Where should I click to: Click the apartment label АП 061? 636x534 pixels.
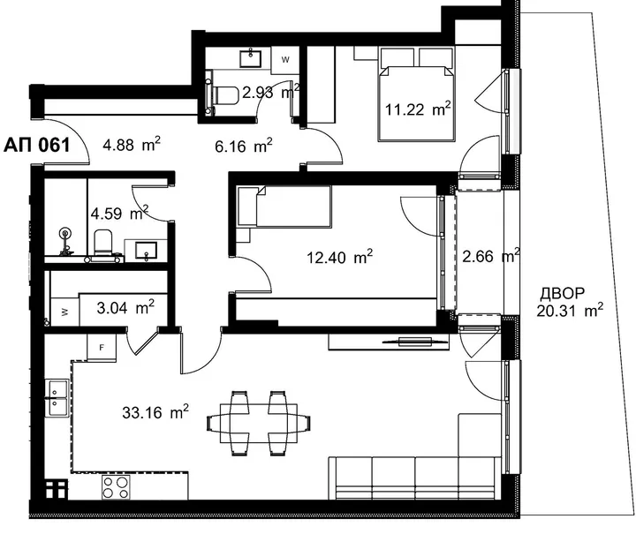click(x=37, y=145)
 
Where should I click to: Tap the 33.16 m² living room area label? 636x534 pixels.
click(x=155, y=412)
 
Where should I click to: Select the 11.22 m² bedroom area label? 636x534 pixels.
click(x=418, y=109)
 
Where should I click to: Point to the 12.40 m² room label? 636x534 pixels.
click(x=339, y=257)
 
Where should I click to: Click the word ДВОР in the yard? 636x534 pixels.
click(x=562, y=293)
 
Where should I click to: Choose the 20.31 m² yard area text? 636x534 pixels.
click(x=570, y=311)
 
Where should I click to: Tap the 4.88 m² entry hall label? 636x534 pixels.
click(x=132, y=144)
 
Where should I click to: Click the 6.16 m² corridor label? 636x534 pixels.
click(x=244, y=146)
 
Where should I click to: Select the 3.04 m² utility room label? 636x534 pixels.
click(x=125, y=308)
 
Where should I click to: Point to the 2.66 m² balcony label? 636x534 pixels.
click(x=491, y=256)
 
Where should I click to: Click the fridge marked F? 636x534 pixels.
click(x=102, y=347)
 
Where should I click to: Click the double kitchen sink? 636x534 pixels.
click(x=59, y=398)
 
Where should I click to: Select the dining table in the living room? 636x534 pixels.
click(x=259, y=424)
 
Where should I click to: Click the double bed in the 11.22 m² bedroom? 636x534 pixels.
click(x=416, y=94)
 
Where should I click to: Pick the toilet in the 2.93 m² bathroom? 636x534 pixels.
click(x=224, y=95)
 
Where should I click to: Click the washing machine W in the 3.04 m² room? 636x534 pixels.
click(x=64, y=312)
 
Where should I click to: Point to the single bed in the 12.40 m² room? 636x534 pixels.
click(x=284, y=206)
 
